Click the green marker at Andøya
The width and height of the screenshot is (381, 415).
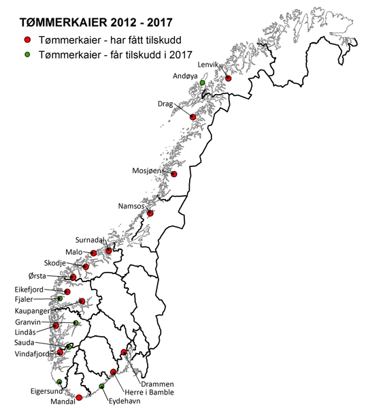coord(202,82)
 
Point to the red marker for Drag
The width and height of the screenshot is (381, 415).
coord(193,117)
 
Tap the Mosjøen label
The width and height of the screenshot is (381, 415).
coord(148,171)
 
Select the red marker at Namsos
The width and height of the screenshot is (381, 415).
coord(150,213)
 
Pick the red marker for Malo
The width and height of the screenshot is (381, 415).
coord(93,253)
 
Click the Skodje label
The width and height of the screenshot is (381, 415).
coord(56,263)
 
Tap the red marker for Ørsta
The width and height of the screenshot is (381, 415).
coord(73,277)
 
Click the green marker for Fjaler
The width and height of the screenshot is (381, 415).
coord(60,299)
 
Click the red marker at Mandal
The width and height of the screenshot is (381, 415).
coord(79,397)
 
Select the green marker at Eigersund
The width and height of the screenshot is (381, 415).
coord(59,382)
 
